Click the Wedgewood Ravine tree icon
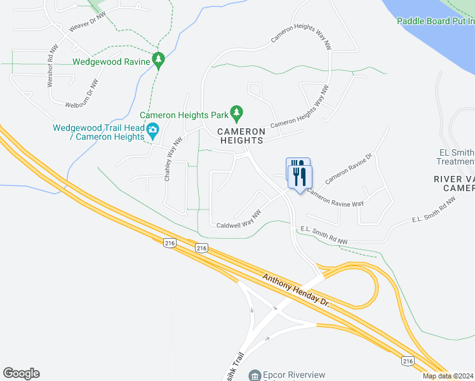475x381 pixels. pos(159,61)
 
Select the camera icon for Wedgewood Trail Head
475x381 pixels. pos(153,131)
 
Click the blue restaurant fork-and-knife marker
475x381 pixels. pos(298,172)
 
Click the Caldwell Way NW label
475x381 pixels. pos(239,219)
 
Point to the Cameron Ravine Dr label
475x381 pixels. pos(348,168)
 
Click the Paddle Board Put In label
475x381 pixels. pos(436,21)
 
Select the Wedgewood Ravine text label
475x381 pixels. pos(110,62)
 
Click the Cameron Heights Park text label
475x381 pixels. pos(184,116)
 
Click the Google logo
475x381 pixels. pos(21,373)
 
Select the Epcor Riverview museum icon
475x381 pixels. pos(255,376)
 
